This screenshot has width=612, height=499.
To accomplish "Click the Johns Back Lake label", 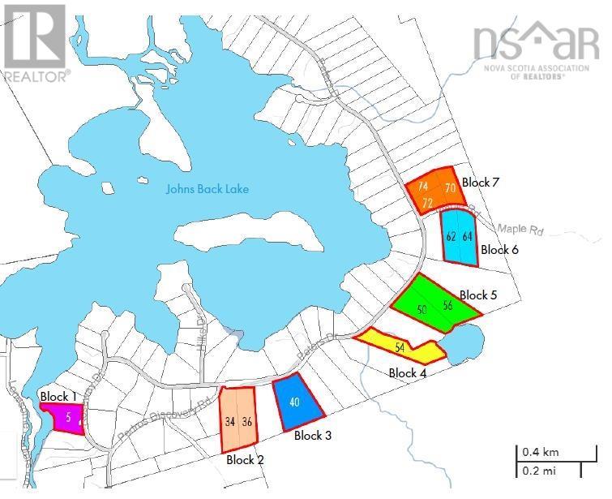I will (x=207, y=190).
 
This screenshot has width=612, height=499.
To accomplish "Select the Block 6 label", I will (x=499, y=250).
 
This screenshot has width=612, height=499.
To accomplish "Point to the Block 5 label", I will (x=478, y=295).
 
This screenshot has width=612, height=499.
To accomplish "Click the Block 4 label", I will (x=408, y=373).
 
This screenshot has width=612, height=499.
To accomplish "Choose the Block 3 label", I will (x=313, y=436).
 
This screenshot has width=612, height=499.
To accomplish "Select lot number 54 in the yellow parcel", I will (x=400, y=348).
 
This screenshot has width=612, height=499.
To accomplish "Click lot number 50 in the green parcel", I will (x=422, y=309).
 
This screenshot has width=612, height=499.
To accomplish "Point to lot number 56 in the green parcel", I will (x=447, y=305).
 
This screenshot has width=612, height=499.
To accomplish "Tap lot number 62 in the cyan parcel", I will (x=452, y=237).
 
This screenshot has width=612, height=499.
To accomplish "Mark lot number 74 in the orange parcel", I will (x=423, y=187).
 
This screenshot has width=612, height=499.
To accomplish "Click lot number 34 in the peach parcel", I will (x=230, y=422).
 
